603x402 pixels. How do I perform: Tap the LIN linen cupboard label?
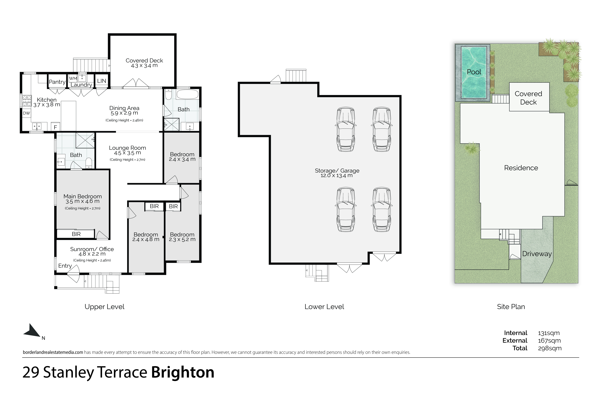(102, 81)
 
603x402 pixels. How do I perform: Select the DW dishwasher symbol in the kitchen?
(26, 113)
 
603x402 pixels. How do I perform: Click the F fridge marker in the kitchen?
(55, 127)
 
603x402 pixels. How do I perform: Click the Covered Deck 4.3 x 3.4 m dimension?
(144, 66)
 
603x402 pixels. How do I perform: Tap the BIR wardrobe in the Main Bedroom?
(76, 234)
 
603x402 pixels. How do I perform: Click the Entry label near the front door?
(65, 266)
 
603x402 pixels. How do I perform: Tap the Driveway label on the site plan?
(537, 254)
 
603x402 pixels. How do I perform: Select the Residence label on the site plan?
(521, 168)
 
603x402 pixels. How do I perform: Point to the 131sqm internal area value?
(549, 333)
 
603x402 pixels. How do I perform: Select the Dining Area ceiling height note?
(124, 120)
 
